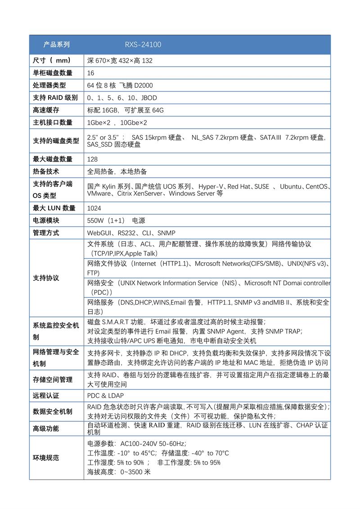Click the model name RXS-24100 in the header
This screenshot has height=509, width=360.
143,45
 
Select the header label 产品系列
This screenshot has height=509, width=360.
57,45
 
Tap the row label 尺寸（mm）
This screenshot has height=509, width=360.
52,60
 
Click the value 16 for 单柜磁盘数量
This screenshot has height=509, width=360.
91,73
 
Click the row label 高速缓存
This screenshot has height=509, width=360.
46,110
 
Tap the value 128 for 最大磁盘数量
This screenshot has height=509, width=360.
92,159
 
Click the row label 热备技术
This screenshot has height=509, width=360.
46,171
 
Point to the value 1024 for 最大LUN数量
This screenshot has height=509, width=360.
94,208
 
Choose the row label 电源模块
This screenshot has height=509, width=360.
46,221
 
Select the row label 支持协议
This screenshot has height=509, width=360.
46,278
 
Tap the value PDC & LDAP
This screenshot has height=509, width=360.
105,396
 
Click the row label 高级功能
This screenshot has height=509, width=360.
46,428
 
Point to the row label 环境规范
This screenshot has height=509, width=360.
46,458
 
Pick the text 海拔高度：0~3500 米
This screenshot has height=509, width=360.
119,472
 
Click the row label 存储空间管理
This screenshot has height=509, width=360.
53,379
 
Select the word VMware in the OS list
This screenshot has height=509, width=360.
99,194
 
